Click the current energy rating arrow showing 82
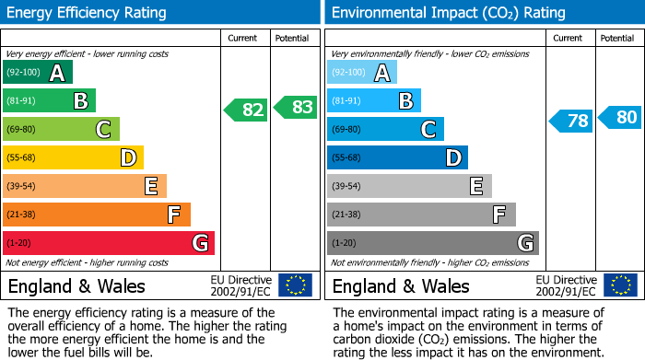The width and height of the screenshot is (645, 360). pyautogui.click(x=247, y=110)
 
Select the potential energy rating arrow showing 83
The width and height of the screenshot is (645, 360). pyautogui.click(x=296, y=108)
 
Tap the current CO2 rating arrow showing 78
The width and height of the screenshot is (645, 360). pyautogui.click(x=571, y=121)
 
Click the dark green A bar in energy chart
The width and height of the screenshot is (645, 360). pyautogui.click(x=37, y=73)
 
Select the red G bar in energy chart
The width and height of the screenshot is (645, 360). pyautogui.click(x=108, y=243)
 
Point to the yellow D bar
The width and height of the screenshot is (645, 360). pyautogui.click(x=73, y=158)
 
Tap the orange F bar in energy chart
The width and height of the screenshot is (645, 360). pyautogui.click(x=96, y=215)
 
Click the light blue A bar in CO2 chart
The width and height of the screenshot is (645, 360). pyautogui.click(x=361, y=73)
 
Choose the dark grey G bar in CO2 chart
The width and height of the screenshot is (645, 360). pyautogui.click(x=432, y=243)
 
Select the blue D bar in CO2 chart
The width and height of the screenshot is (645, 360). pyautogui.click(x=397, y=158)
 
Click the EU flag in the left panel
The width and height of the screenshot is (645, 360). pyautogui.click(x=295, y=285)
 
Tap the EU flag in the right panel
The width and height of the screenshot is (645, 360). pyautogui.click(x=619, y=285)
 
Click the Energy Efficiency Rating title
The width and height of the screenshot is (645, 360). pyautogui.click(x=88, y=13)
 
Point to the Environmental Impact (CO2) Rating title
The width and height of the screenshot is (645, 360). pyautogui.click(x=447, y=13)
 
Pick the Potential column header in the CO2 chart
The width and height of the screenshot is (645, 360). pyautogui.click(x=617, y=38)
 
